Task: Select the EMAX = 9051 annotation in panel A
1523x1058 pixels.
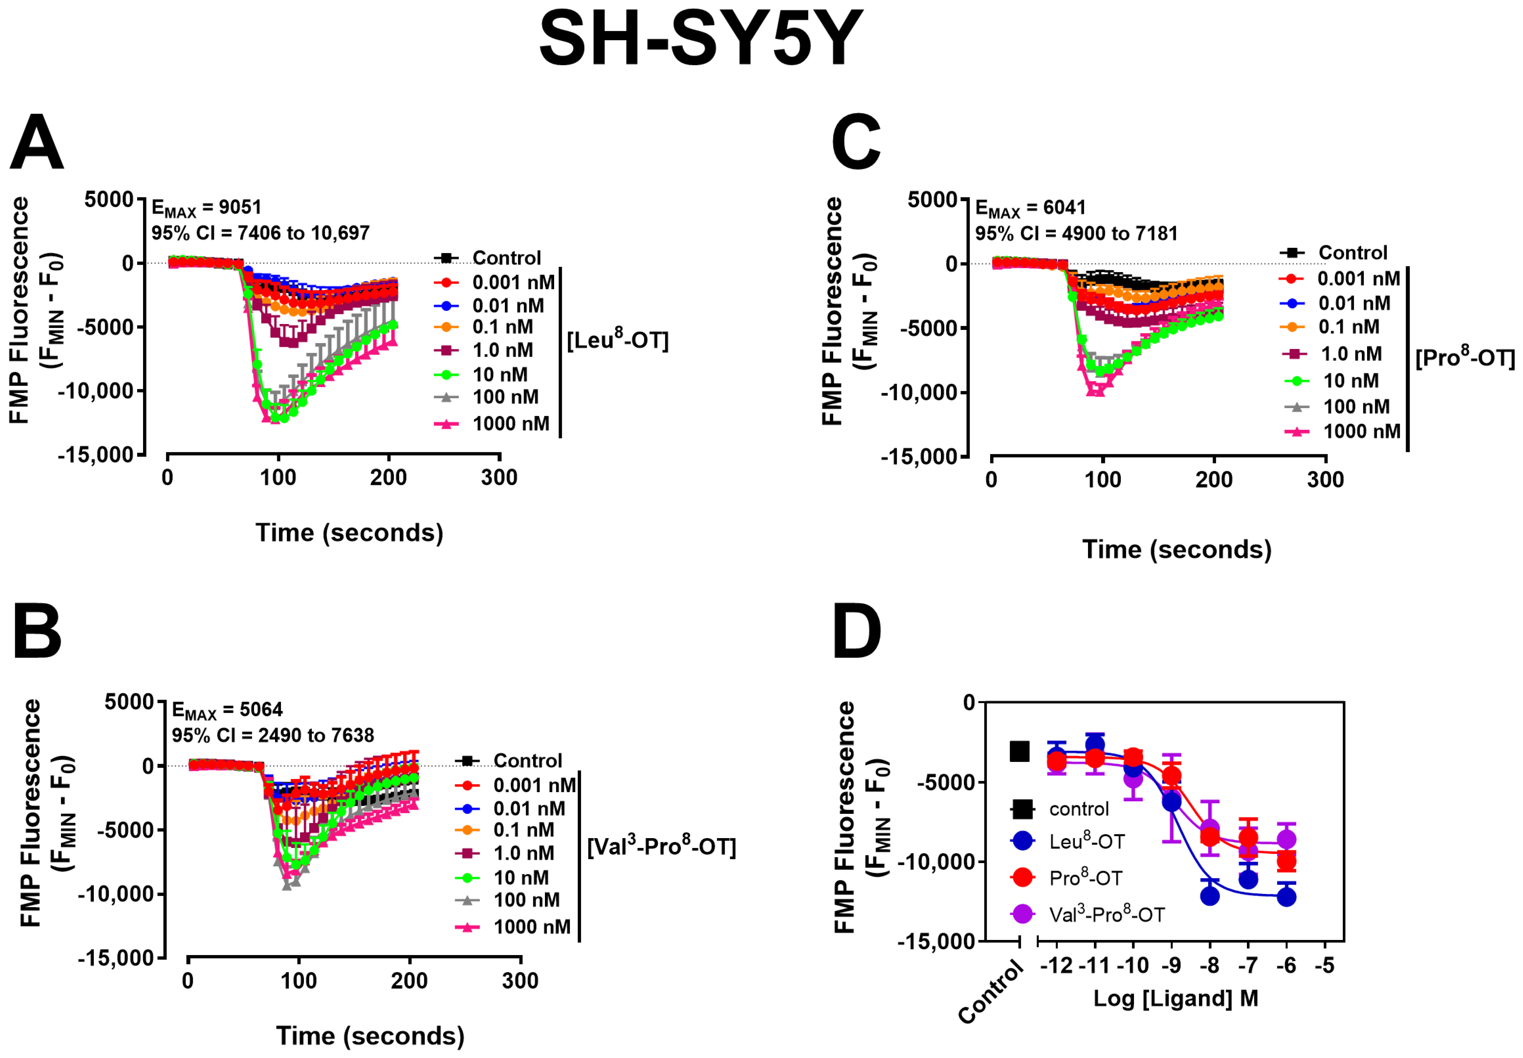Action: [x=207, y=208]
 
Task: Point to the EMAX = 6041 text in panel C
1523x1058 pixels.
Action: [x=1031, y=208]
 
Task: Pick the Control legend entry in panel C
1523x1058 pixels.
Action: [x=1334, y=253]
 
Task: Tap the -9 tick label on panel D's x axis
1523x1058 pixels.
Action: [x=1171, y=965]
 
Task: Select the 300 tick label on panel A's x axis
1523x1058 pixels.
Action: [x=499, y=477]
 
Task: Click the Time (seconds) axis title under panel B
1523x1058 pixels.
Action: [x=371, y=1036]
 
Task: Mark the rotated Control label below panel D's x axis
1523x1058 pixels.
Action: [x=991, y=993]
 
